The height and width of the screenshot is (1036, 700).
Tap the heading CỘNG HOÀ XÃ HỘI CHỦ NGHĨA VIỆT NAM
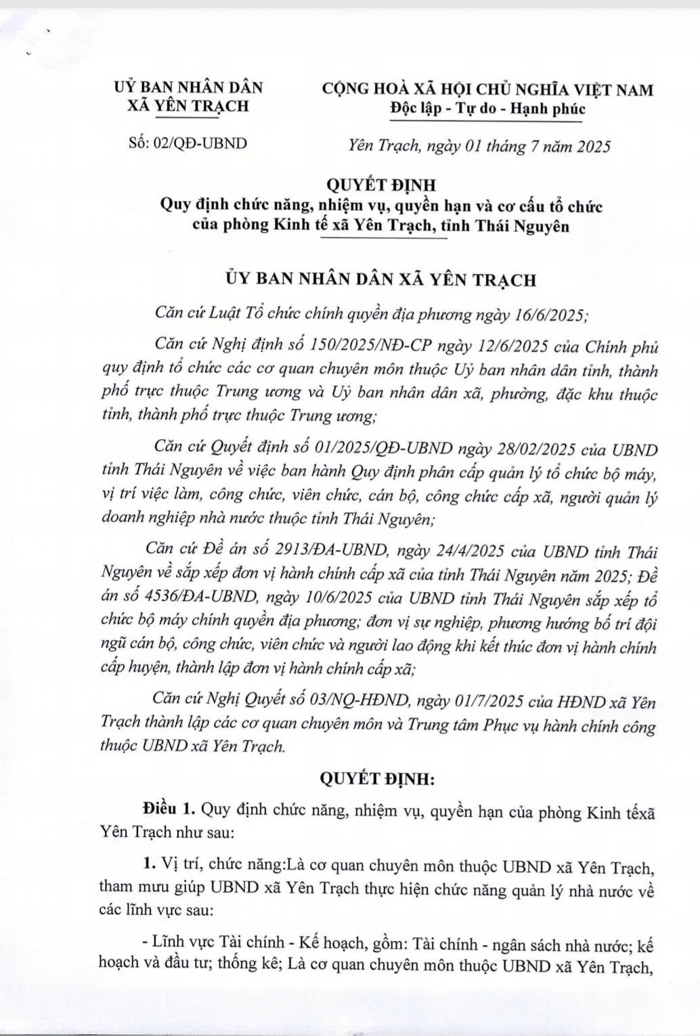pos(487,89)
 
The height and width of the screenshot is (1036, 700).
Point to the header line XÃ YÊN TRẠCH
pos(188,106)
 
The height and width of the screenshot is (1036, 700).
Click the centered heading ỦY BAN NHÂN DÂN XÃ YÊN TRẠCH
pos(381,279)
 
